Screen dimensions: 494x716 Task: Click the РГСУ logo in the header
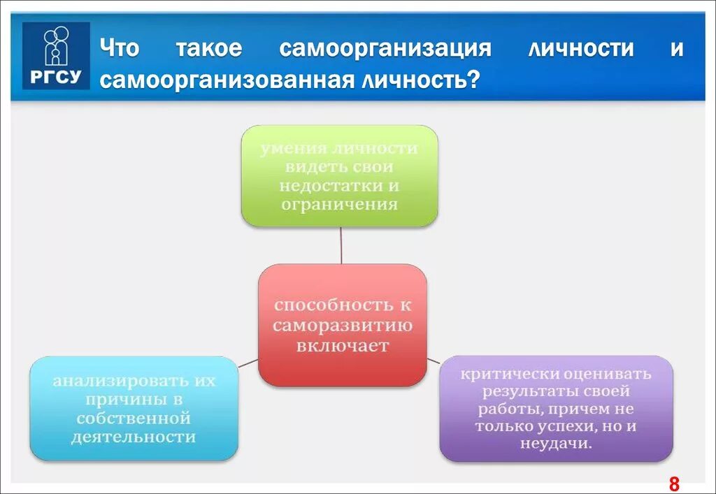click(x=56, y=55)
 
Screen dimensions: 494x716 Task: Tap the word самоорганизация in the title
click(x=385, y=49)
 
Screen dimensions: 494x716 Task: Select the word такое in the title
click(x=208, y=49)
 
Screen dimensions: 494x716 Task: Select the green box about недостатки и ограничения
click(x=339, y=176)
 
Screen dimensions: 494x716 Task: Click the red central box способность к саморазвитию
click(x=342, y=325)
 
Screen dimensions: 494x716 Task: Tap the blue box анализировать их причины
click(x=134, y=409)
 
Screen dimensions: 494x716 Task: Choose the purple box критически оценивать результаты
click(x=556, y=409)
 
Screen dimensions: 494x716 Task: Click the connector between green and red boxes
click(x=341, y=245)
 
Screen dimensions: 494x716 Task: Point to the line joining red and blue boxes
click(x=248, y=363)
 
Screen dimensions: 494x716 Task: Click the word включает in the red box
click(x=342, y=346)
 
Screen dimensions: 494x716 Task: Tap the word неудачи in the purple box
click(x=556, y=444)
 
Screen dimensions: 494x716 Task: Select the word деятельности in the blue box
click(x=134, y=437)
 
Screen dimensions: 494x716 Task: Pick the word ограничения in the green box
click(x=339, y=205)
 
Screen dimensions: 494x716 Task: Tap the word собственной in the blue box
click(x=134, y=419)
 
